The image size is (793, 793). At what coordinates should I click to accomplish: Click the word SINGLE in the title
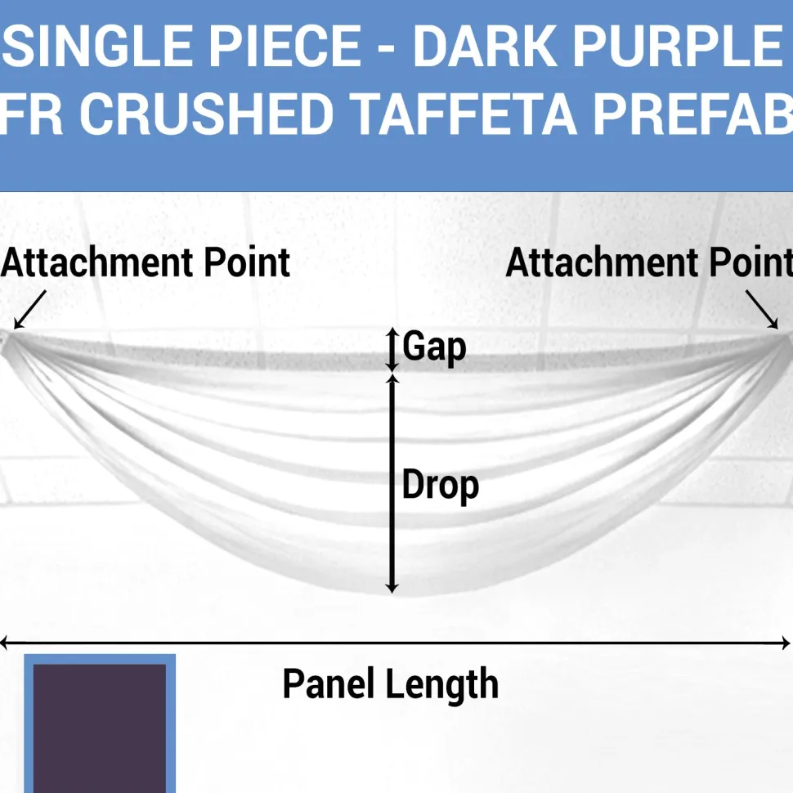tap(97, 47)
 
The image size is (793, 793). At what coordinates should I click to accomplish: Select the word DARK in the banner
tap(486, 47)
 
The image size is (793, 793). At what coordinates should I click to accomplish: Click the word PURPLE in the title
tap(678, 47)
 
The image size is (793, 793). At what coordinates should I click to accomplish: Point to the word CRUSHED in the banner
tap(206, 114)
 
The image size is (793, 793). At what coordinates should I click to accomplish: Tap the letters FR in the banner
tap(31, 114)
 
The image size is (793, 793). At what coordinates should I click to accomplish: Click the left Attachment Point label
tap(146, 262)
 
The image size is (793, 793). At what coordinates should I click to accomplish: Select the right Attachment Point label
tap(649, 262)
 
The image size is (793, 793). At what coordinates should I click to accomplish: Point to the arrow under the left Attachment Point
tap(29, 310)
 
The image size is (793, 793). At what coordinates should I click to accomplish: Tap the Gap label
tap(434, 347)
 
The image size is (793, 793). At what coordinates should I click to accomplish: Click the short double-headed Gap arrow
tap(392, 350)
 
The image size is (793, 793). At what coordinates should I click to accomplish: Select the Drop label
tap(441, 486)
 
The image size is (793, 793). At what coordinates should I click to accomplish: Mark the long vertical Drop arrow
tap(392, 483)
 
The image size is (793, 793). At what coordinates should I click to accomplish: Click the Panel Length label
tap(391, 684)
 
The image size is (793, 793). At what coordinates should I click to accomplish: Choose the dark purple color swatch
tap(100, 728)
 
